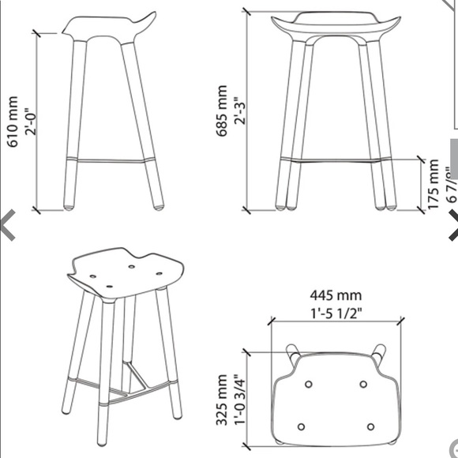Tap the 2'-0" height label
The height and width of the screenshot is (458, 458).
[32, 126]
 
